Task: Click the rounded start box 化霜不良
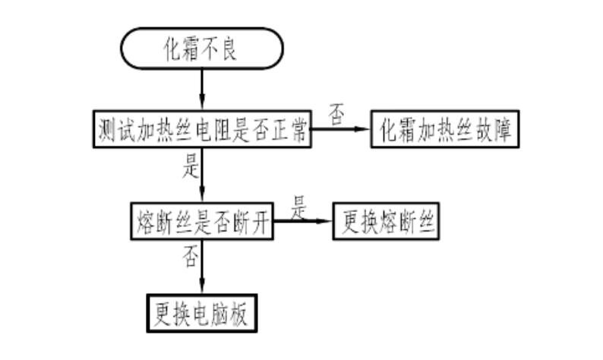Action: click(x=201, y=49)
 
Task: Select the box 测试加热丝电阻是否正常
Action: click(x=201, y=131)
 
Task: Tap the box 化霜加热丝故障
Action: click(x=445, y=131)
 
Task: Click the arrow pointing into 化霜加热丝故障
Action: click(x=342, y=131)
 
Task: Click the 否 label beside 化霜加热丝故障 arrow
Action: click(x=336, y=114)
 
